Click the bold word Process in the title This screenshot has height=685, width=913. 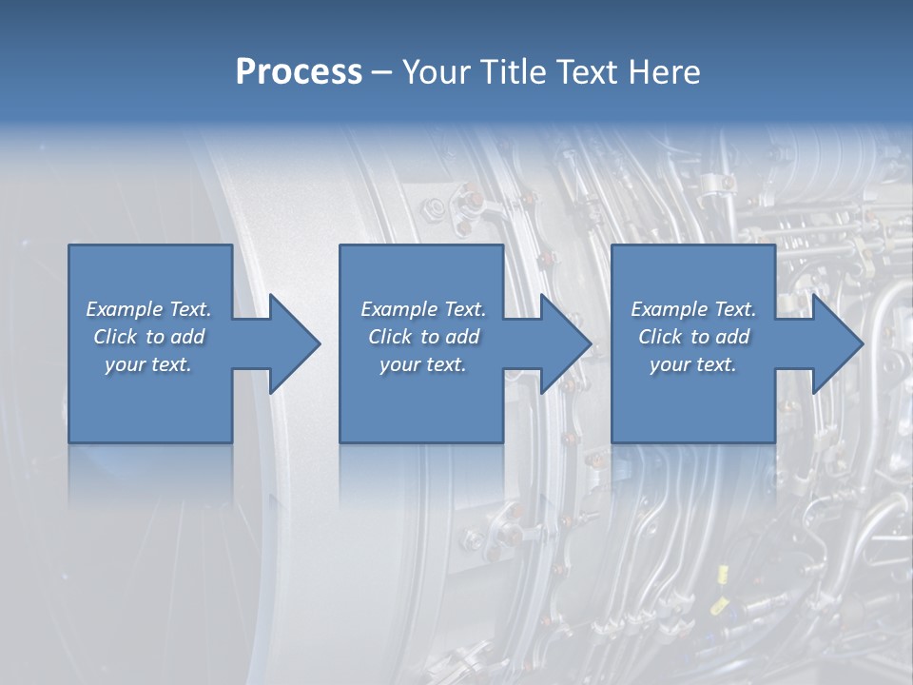pos(299,72)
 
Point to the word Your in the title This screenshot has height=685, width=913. pos(438,72)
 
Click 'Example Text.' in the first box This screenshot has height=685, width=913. pos(149,309)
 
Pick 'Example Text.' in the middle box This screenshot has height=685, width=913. pos(423,309)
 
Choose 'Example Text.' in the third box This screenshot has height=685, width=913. pos(693,309)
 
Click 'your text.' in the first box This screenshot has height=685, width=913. pos(148,364)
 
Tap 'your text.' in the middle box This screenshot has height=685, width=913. pos(422,364)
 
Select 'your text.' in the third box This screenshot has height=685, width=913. pos(693,364)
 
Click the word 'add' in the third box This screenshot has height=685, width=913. pos(733,337)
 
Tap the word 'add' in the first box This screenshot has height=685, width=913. pos(188,337)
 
